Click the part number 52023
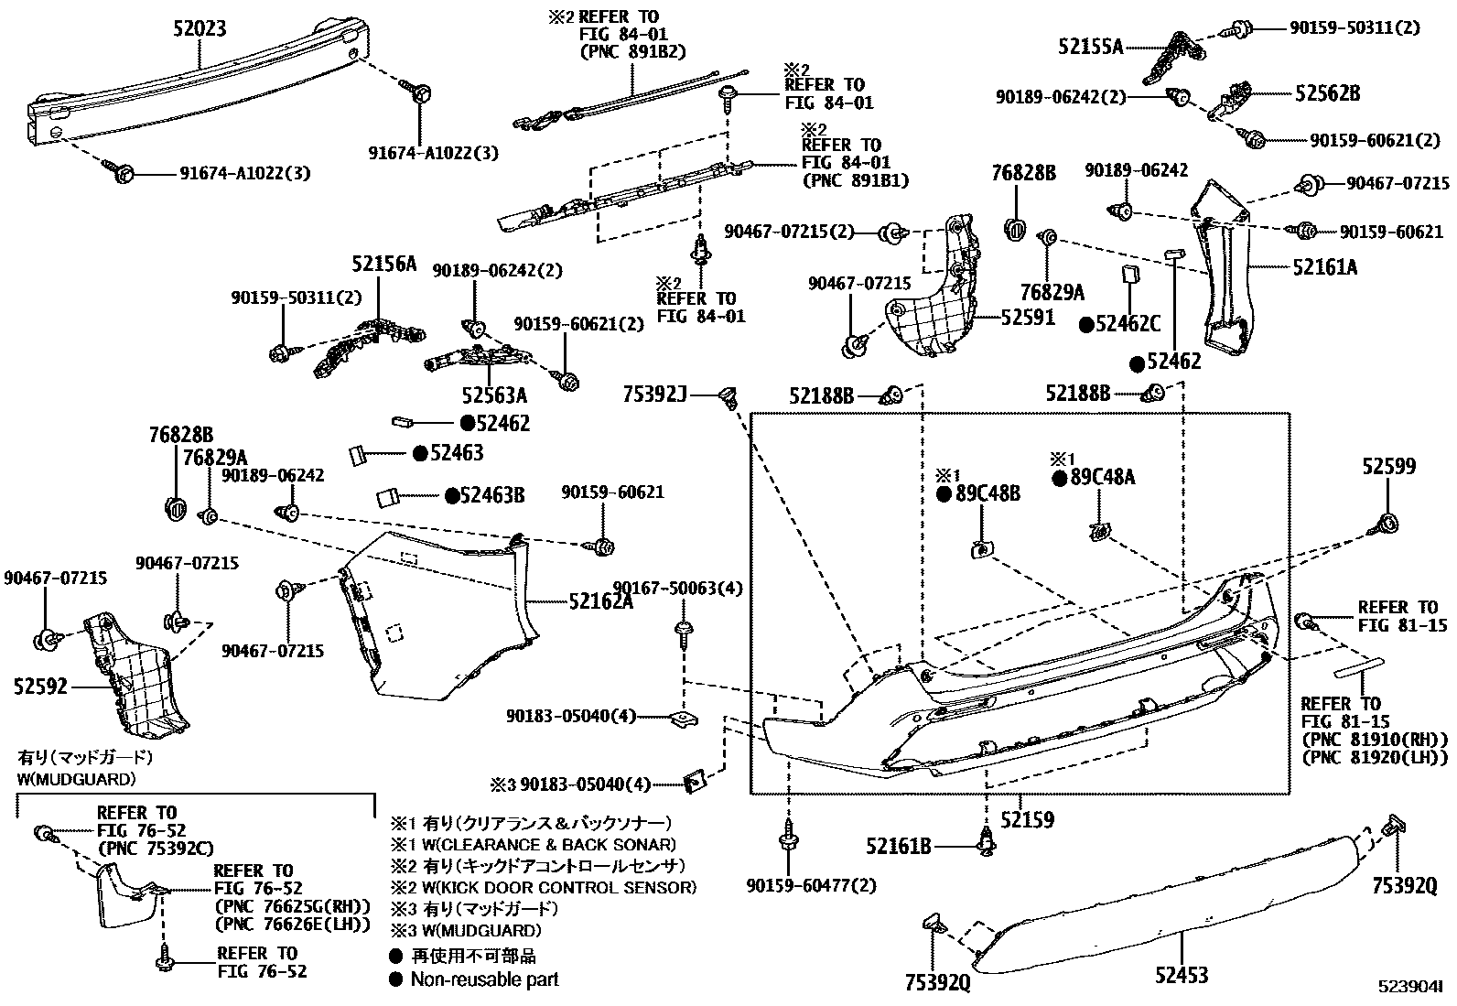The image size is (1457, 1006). [200, 28]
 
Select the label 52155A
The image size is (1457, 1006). [1091, 47]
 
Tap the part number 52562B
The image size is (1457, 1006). [1328, 93]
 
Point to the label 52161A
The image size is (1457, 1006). [1325, 266]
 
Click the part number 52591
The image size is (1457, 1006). [1028, 317]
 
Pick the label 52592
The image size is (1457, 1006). [40, 686]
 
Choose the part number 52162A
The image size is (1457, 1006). [601, 601]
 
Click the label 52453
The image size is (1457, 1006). [1182, 975]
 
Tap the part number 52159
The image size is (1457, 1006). [1027, 820]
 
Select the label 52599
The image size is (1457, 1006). [1389, 466]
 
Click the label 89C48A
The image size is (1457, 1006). [1103, 477]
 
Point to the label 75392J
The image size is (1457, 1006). [655, 394]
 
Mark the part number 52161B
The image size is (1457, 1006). [898, 847]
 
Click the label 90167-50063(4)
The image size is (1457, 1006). [677, 589]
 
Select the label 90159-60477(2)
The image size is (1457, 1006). [812, 885]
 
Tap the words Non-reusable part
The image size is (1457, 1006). [484, 979]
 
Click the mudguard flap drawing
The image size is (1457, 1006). [127, 894]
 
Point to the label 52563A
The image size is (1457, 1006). [494, 395]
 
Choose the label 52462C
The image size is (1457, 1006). [1128, 323]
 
